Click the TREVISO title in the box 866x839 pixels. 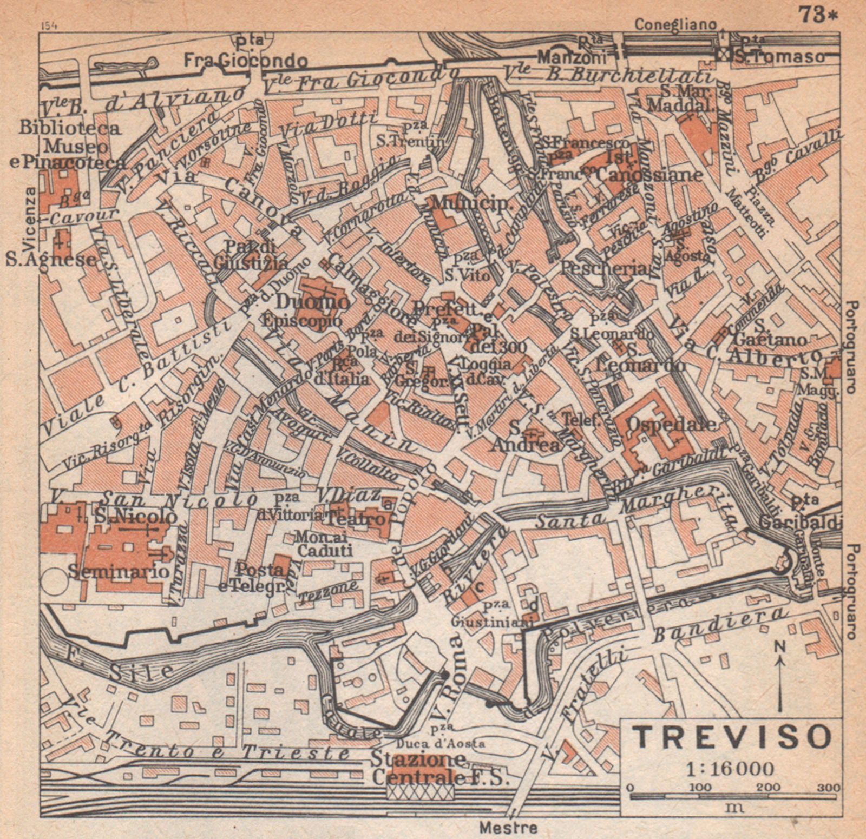[x=732, y=736]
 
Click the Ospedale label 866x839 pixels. [x=671, y=425]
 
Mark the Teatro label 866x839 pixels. [x=357, y=518]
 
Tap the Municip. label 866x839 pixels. [x=470, y=203]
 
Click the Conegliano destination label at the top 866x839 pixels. [x=675, y=25]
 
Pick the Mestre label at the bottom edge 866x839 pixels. [x=508, y=827]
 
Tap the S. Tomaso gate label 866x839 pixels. [x=779, y=56]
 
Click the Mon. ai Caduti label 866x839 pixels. [x=324, y=544]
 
